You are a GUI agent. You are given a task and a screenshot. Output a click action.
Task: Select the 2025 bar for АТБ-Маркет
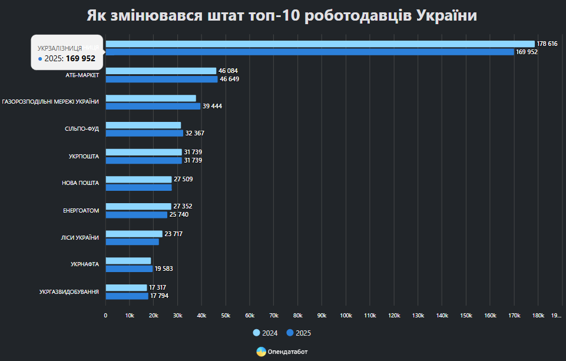click(x=161, y=79)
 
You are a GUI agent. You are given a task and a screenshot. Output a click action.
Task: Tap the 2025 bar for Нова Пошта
click(x=138, y=187)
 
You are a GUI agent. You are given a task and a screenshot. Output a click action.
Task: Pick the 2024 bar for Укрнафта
click(x=128, y=261)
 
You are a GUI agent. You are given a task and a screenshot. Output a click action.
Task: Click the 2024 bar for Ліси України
click(x=134, y=234)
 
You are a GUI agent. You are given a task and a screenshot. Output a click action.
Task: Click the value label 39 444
click(x=212, y=106)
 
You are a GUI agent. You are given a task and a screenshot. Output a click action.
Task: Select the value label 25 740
click(x=179, y=214)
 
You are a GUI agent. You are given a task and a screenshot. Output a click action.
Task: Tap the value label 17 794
click(x=159, y=296)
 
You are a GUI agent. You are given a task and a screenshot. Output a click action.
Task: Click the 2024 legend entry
click(x=266, y=333)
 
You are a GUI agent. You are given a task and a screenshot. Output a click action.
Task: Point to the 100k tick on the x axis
click(x=346, y=316)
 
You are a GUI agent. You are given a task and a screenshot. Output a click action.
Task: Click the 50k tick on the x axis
click(x=226, y=316)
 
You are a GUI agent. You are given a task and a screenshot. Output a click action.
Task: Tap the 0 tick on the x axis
click(x=105, y=316)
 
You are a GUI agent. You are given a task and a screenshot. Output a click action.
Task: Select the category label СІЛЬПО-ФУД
click(x=82, y=129)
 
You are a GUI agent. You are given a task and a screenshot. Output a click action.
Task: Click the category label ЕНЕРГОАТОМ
click(x=81, y=210)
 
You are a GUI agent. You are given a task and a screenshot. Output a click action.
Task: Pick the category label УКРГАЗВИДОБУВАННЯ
click(x=69, y=292)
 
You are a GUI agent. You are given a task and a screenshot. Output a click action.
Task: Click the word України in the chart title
click(x=446, y=16)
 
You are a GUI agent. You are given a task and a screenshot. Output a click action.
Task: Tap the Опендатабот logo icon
click(x=261, y=352)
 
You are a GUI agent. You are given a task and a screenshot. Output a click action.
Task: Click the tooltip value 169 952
click(x=80, y=58)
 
